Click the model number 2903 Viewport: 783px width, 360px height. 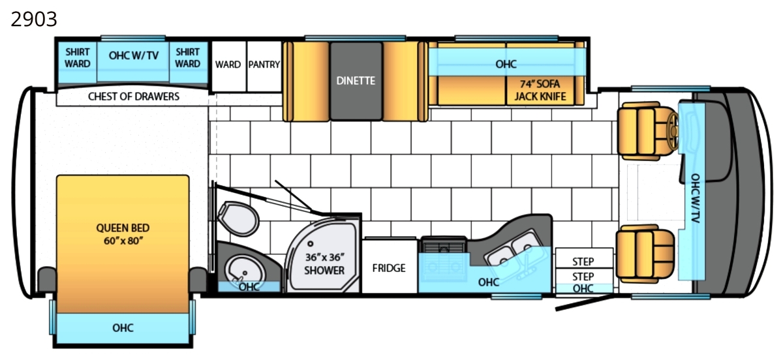pos(34,19)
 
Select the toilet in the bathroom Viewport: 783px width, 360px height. pos(238,218)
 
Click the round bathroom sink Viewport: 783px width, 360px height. pos(243,271)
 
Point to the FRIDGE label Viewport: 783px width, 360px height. pos(389,268)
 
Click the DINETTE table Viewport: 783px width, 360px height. pos(356,81)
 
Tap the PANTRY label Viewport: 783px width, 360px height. pos(264,65)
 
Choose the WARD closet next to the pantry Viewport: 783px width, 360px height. pos(228,67)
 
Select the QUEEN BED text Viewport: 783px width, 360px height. pos(123,228)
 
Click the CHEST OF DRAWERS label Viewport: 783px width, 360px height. pos(134,97)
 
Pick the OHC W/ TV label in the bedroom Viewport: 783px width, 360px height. pos(134,55)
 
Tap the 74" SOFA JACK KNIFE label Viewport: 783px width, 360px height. pos(540,90)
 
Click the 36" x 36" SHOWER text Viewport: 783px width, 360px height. pos(324,264)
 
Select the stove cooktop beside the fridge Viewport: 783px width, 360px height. pos(444,259)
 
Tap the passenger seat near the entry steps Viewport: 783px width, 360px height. pos(645,254)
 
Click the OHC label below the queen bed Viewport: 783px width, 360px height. pos(123,328)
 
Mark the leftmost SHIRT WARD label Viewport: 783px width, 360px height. pos(77,58)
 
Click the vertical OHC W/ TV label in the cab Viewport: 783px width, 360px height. pos(696,198)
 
